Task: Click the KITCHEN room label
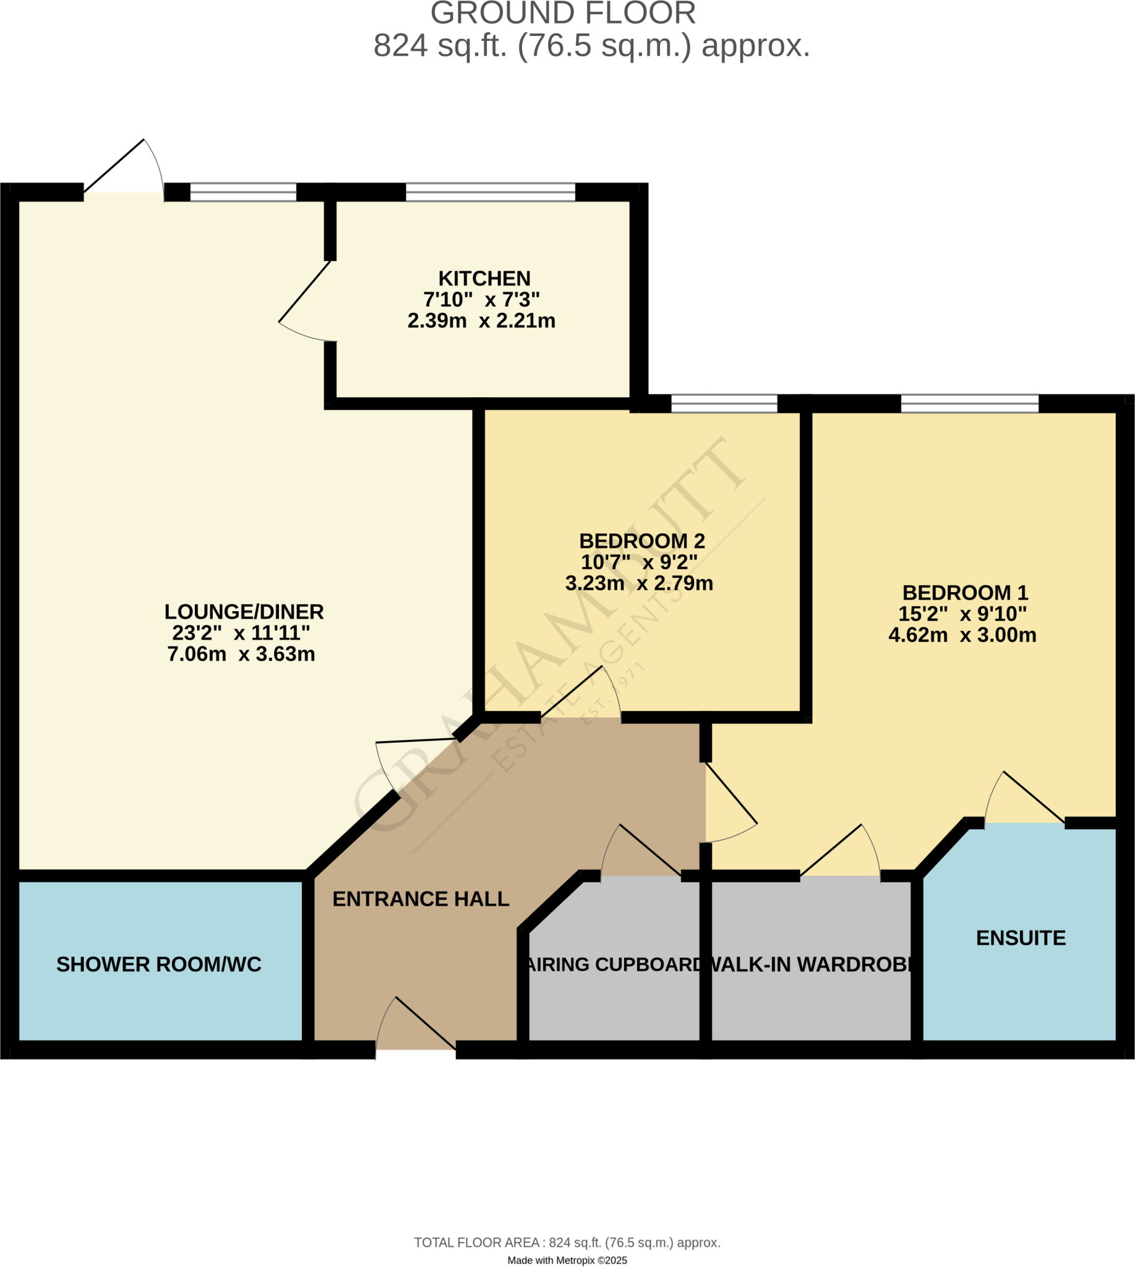[484, 278]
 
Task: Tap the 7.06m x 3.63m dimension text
[241, 655]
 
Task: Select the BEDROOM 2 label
[641, 541]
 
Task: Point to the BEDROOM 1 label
[965, 593]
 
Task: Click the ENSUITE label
[1020, 938]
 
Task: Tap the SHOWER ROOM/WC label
[158, 964]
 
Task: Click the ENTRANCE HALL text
[421, 899]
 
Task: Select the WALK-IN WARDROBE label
[811, 964]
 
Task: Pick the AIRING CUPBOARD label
[614, 964]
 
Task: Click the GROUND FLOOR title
[562, 14]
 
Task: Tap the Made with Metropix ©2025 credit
[567, 1260]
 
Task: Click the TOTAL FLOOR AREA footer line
[567, 1243]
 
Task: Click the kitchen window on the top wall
[490, 192]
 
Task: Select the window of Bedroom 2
[724, 403]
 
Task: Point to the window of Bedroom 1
[969, 403]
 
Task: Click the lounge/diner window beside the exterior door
[242, 192]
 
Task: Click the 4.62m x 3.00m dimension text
[962, 635]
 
